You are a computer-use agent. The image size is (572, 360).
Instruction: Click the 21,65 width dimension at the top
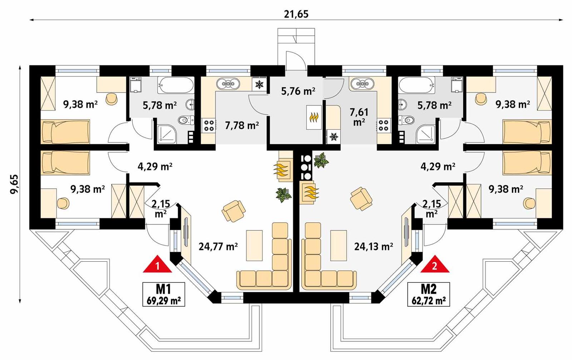(296, 14)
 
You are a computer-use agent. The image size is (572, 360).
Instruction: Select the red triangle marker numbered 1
(157, 265)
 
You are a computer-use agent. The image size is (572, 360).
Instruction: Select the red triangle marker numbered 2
(434, 265)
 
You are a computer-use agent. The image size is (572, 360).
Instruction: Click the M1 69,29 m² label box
(164, 294)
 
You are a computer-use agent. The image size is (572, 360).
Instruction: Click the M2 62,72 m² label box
(429, 294)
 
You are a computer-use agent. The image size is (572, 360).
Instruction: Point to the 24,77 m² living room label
(218, 246)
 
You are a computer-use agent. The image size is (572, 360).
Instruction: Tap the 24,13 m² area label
(374, 246)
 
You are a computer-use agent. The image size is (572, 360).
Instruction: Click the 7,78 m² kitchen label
(242, 125)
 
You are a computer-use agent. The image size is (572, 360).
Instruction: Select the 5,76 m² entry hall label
(298, 91)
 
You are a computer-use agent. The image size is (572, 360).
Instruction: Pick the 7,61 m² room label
(359, 117)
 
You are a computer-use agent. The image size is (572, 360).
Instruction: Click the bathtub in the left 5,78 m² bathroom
(176, 85)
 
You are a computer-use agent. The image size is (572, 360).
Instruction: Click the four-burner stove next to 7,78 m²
(209, 125)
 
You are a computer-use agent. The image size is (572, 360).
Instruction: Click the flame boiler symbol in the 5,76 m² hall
(314, 117)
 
